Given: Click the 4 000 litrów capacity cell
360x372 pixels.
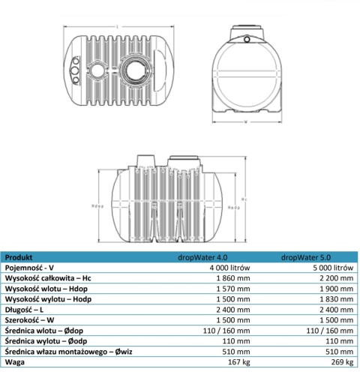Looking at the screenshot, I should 238,267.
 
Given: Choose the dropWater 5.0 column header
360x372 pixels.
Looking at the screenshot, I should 319,256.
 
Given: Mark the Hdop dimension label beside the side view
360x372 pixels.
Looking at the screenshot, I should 96,204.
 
